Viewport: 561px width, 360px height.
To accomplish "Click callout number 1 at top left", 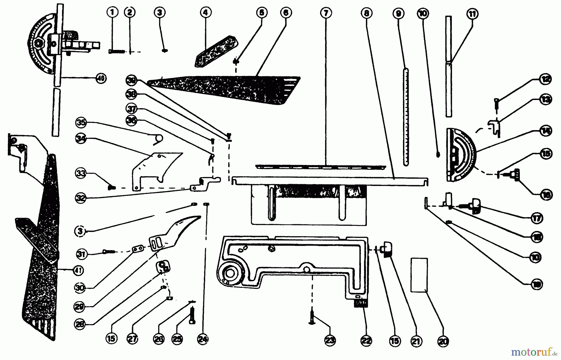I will [113, 12].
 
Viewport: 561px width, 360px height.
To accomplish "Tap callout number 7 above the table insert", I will [326, 13].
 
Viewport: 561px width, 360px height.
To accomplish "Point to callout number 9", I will [399, 13].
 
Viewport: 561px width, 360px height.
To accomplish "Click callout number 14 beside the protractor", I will [546, 131].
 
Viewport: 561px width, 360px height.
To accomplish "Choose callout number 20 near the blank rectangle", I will [443, 342].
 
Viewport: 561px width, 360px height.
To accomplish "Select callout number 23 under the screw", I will [330, 341].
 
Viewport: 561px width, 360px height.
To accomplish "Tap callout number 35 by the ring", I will [81, 122].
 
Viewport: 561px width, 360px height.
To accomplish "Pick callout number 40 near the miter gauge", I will [100, 78].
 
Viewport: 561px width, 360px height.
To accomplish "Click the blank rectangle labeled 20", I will [419, 275].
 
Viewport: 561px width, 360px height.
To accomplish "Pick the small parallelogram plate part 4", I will [216, 51].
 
